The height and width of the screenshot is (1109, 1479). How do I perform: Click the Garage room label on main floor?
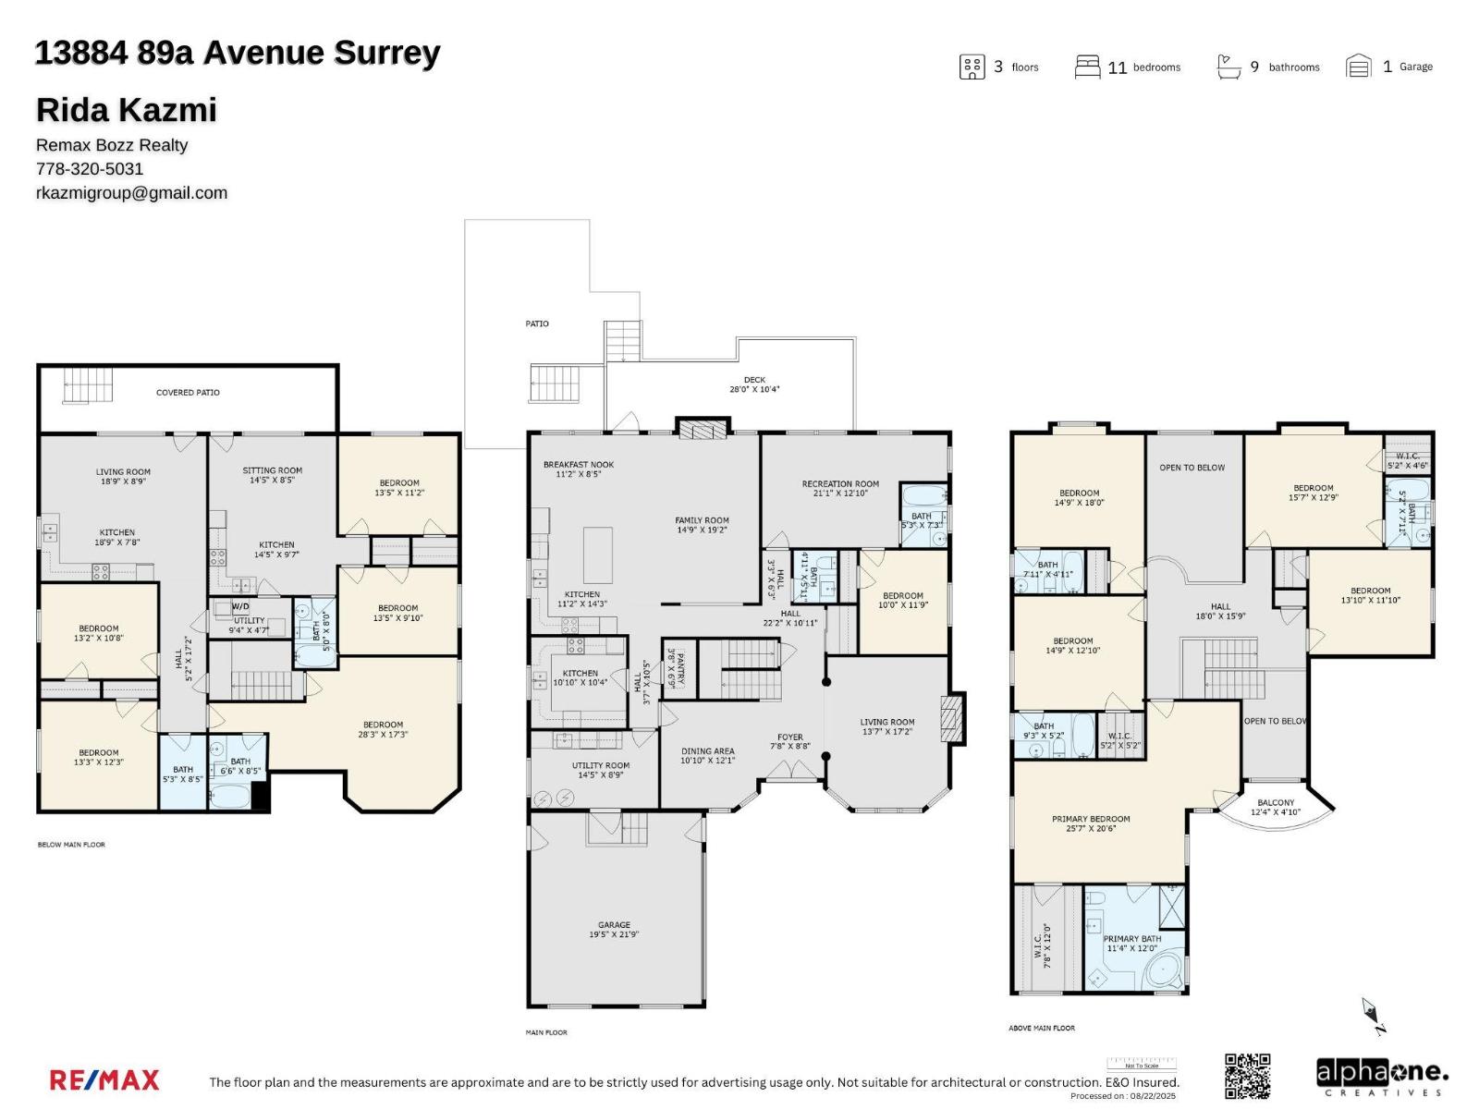614,929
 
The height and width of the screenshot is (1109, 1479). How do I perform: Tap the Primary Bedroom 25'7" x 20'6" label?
1091,823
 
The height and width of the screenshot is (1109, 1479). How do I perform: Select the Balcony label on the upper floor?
1276,807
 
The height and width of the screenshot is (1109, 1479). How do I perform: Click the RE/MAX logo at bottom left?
104,1079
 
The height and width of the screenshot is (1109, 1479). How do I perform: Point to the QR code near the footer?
1247,1076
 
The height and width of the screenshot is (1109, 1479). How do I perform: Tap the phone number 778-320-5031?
90,168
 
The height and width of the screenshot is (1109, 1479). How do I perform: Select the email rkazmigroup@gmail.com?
131,192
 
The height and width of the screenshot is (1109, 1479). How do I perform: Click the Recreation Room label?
840,488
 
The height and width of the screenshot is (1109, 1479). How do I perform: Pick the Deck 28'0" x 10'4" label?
754,384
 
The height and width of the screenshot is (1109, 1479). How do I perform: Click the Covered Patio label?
188,393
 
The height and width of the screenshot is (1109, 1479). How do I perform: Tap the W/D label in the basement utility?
240,606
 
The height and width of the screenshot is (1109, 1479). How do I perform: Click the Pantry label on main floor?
676,668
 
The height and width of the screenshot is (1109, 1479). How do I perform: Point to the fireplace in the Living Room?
951,718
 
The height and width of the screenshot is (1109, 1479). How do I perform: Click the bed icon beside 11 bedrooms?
1087,67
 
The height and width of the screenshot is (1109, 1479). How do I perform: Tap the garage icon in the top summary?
1358,67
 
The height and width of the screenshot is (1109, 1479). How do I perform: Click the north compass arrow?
1373,1015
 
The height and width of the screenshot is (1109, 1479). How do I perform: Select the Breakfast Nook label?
578,469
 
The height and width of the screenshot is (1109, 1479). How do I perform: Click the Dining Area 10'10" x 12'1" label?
707,756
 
